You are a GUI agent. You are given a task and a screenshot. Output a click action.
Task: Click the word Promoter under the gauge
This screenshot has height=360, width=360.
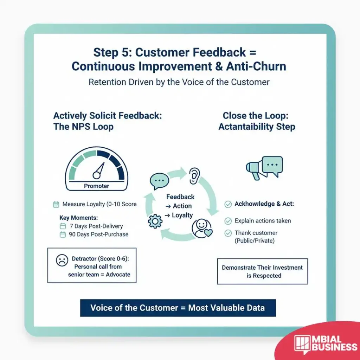click(96, 186)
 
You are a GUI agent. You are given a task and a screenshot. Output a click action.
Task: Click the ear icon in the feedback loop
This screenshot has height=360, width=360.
click(194, 176)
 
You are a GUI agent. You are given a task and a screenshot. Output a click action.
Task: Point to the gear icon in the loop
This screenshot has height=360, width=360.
click(155, 221)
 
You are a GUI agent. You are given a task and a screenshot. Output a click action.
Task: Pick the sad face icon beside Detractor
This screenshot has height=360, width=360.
click(62, 261)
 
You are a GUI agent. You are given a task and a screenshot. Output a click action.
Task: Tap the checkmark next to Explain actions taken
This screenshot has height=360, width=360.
click(228, 221)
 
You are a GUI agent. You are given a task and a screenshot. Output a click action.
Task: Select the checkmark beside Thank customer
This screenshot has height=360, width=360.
click(228, 233)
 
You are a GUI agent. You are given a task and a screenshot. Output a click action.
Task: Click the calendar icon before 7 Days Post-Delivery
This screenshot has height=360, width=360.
click(63, 226)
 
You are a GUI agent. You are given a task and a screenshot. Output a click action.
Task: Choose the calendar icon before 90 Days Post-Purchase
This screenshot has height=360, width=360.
click(63, 234)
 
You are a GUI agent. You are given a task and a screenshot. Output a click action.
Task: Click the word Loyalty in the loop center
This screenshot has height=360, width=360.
click(182, 216)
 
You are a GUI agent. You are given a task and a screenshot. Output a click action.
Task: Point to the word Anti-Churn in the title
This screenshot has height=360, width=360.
click(256, 66)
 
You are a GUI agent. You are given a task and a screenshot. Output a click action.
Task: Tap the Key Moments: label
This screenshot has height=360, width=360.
click(78, 218)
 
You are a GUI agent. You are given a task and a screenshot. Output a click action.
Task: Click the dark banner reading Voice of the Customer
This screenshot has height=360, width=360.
click(178, 308)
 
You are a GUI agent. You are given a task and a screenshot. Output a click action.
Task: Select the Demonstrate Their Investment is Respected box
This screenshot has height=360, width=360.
click(262, 271)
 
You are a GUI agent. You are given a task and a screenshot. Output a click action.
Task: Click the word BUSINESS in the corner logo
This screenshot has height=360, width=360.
click(334, 347)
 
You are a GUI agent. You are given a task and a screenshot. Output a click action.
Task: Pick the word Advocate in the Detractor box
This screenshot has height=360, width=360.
click(118, 275)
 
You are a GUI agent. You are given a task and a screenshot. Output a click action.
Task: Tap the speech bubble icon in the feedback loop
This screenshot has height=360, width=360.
click(159, 181)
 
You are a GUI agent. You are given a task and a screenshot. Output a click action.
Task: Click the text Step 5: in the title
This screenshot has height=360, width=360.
click(112, 52)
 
